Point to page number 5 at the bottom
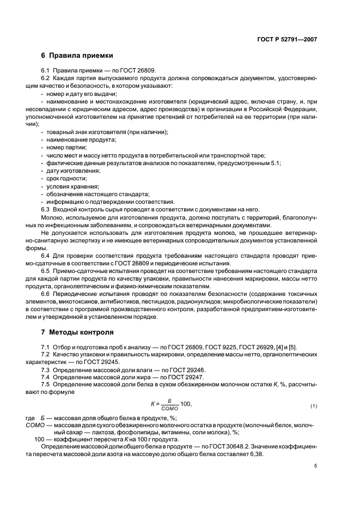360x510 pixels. (315, 466)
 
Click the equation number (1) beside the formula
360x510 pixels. (313, 406)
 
